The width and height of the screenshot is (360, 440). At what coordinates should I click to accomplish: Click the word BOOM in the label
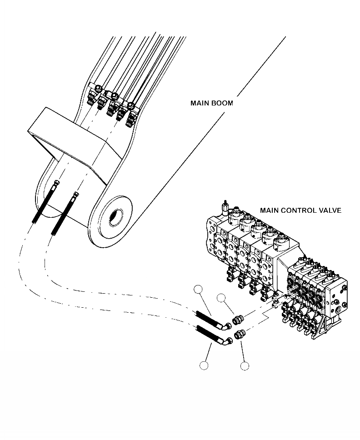223,103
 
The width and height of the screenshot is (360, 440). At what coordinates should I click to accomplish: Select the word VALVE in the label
330,210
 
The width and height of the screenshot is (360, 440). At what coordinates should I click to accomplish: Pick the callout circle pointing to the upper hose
198,289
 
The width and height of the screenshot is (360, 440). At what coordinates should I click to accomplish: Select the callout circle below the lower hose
204,365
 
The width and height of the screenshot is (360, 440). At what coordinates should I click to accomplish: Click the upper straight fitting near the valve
238,320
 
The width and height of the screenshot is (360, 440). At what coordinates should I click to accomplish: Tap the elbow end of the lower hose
225,340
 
